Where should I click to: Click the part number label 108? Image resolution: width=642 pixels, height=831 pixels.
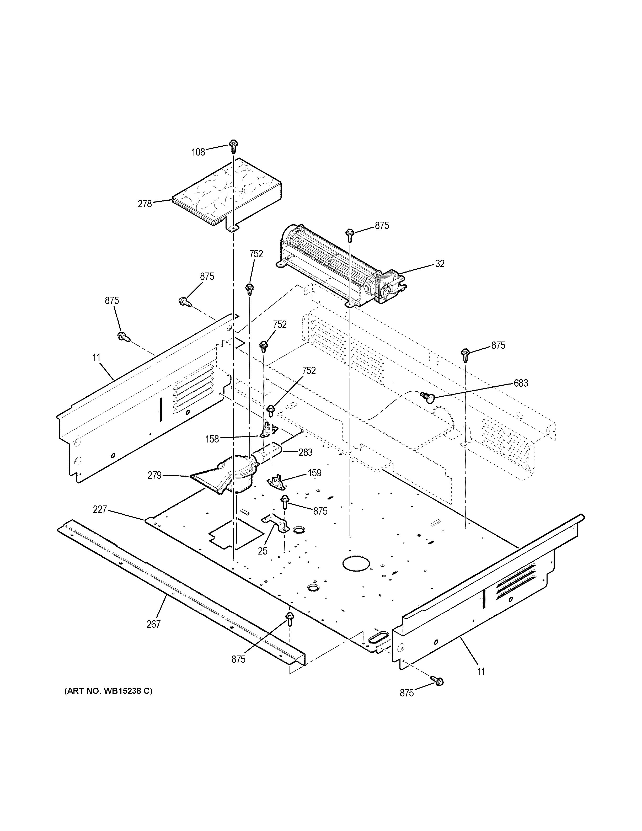(198, 152)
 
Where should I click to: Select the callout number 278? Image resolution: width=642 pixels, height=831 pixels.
(145, 204)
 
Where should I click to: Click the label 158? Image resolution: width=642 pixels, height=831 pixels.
(212, 439)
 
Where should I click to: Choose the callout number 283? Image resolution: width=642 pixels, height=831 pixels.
(306, 452)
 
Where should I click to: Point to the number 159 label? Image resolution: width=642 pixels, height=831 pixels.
(314, 473)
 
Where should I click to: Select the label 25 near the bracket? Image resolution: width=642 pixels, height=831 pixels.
(263, 551)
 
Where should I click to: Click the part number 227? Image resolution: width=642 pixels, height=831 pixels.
(100, 509)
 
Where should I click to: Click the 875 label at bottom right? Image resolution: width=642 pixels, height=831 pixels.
(406, 693)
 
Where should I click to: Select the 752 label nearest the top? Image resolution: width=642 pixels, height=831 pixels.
(256, 254)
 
